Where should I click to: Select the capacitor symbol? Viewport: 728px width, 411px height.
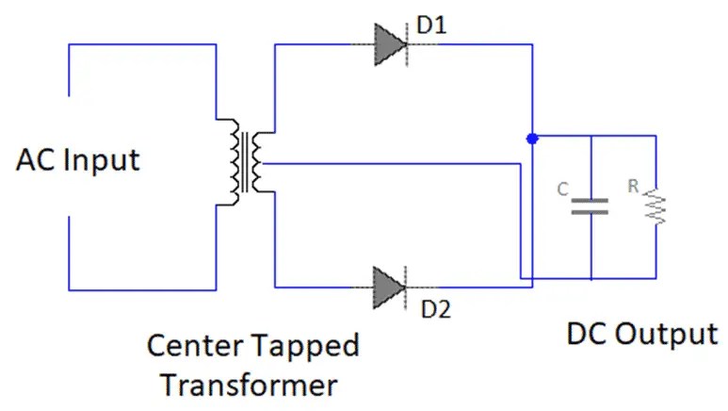(590, 206)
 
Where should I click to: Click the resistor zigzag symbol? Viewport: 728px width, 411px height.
(655, 207)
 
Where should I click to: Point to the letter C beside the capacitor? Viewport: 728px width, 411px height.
(562, 189)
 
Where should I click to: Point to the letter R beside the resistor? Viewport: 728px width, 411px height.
(634, 187)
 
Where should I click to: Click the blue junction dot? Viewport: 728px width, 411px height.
(532, 139)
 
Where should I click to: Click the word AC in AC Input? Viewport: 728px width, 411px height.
(34, 160)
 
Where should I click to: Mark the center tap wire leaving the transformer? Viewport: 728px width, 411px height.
(377, 163)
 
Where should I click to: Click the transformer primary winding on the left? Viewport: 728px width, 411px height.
(230, 161)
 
